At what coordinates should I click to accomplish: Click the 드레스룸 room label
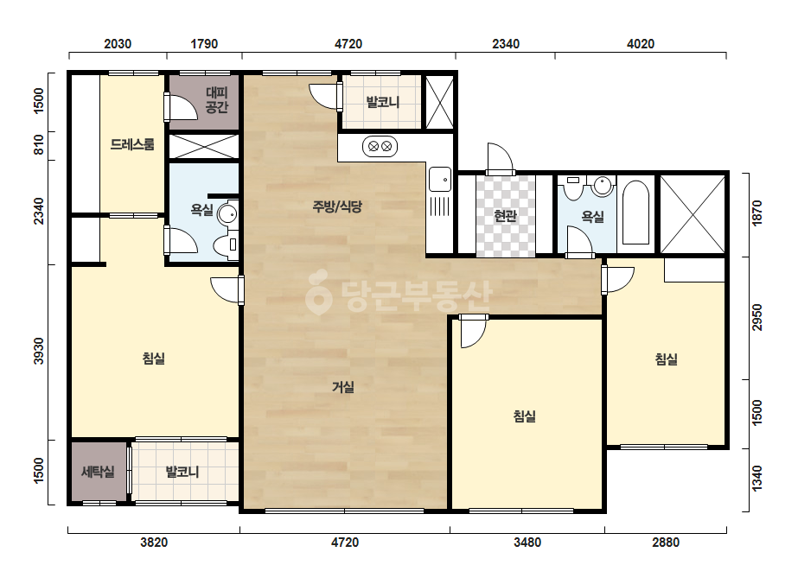pyautogui.click(x=132, y=144)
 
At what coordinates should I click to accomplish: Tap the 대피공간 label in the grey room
pyautogui.click(x=217, y=99)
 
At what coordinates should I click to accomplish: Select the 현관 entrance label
pyautogui.click(x=506, y=216)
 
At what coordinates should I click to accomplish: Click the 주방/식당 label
pyautogui.click(x=337, y=206)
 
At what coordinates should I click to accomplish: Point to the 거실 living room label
pyautogui.click(x=343, y=387)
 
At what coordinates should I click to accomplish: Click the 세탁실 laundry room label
pyautogui.click(x=98, y=472)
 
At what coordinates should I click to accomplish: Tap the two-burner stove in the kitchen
pyautogui.click(x=380, y=147)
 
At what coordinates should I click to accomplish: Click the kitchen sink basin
pyautogui.click(x=440, y=180)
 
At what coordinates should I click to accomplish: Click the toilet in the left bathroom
pyautogui.click(x=226, y=245)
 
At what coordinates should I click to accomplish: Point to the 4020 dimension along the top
pyautogui.click(x=641, y=44)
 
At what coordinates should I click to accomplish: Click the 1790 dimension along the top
pyautogui.click(x=204, y=44)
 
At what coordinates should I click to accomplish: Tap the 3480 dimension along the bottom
pyautogui.click(x=527, y=543)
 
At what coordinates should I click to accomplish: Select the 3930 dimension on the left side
pyautogui.click(x=39, y=351)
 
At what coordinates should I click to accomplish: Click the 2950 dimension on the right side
pyautogui.click(x=757, y=317)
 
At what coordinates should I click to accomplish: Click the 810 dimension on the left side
pyautogui.click(x=39, y=145)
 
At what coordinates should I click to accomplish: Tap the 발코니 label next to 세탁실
pyautogui.click(x=182, y=472)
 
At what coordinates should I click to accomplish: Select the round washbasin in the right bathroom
pyautogui.click(x=603, y=186)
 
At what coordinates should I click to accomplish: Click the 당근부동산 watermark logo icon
pyautogui.click(x=318, y=292)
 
